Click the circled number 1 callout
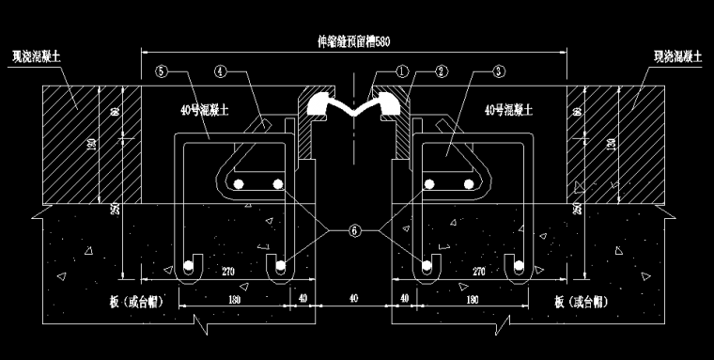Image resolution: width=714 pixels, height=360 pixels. [x=401, y=70]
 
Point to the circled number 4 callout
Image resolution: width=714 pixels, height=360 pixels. [x=219, y=70]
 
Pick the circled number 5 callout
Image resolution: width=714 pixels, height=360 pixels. [x=162, y=70]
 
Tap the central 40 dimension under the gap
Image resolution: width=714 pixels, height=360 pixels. [x=354, y=299]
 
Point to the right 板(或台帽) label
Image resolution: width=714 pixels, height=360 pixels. [x=579, y=303]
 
